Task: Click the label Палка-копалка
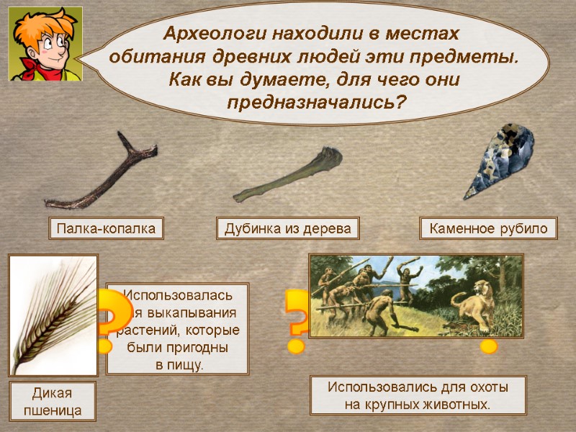106,229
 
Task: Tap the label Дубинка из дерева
287,229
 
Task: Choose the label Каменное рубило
488,229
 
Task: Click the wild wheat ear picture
53,315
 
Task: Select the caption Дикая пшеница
53,402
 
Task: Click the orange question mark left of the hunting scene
296,320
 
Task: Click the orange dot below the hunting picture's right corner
489,347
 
